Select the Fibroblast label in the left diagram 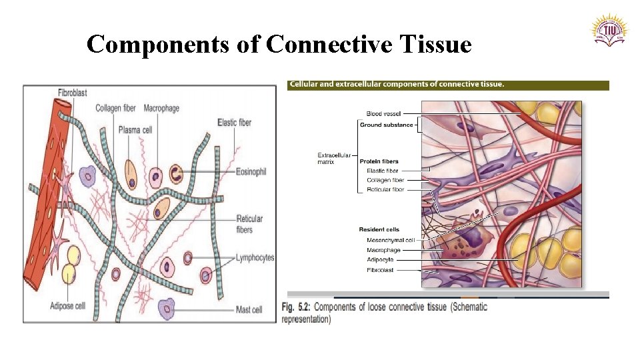(x=72, y=93)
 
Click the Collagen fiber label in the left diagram (x=116, y=108)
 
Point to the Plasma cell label (x=135, y=129)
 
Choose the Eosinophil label (x=251, y=172)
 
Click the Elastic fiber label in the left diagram (x=234, y=122)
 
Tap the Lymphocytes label (x=255, y=258)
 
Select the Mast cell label (x=249, y=309)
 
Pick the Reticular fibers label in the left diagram (x=249, y=224)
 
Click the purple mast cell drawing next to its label (x=166, y=309)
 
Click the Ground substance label (x=386, y=125)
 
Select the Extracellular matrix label (x=334, y=159)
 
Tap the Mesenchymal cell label (x=391, y=240)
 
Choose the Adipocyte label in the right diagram (x=380, y=259)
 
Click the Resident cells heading (x=379, y=230)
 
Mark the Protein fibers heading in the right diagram (x=379, y=161)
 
